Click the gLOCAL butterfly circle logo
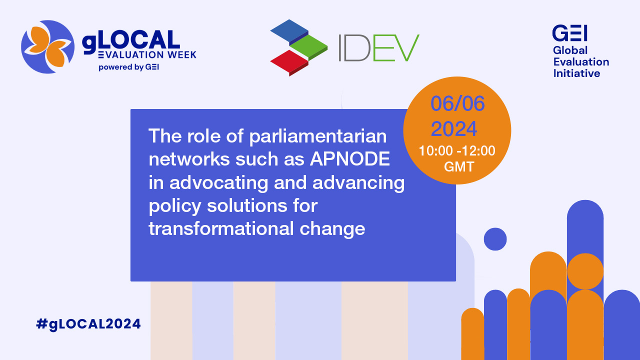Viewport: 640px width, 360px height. (x=47, y=47)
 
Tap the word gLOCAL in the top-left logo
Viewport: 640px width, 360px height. (x=131, y=41)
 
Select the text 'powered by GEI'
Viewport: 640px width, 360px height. (x=128, y=67)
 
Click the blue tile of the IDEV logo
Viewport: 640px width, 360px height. (x=289, y=32)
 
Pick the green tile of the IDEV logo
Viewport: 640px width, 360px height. (x=308, y=47)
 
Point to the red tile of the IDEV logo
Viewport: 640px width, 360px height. (x=289, y=63)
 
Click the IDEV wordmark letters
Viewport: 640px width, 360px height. (x=379, y=48)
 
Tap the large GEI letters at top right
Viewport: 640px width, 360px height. (x=569, y=33)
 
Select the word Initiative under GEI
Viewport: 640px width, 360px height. (x=576, y=73)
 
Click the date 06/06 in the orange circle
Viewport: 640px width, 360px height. (x=457, y=103)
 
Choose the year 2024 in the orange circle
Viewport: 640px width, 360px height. (x=454, y=129)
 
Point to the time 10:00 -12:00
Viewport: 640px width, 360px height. (x=457, y=151)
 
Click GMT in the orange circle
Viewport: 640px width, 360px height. (x=459, y=167)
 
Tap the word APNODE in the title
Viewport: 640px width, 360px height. (x=350, y=159)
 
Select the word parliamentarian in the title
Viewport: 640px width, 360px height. (x=318, y=137)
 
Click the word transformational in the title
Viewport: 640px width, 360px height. (x=221, y=228)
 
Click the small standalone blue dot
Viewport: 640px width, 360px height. (x=495, y=239)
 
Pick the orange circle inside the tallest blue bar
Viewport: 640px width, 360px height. (x=585, y=271)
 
